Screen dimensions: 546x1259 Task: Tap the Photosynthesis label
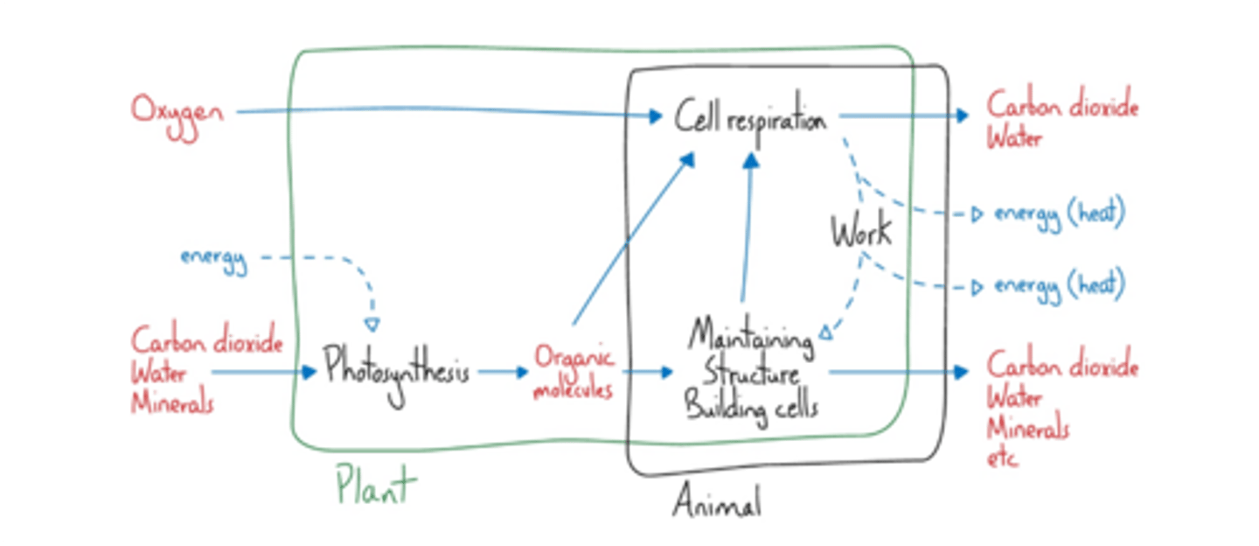point(397,371)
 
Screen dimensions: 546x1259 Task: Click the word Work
point(861,232)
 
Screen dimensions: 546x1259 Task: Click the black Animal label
point(716,502)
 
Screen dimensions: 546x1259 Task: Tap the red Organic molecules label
point(574,374)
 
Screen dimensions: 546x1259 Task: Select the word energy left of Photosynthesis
point(213,259)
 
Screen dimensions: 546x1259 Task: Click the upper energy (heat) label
point(1058,213)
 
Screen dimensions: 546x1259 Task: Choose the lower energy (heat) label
point(1058,285)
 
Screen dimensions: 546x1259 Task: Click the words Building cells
point(751,407)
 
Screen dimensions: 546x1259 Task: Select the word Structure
point(751,373)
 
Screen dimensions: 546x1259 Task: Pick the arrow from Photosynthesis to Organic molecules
point(504,372)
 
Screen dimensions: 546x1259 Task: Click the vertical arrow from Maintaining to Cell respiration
point(748,227)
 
